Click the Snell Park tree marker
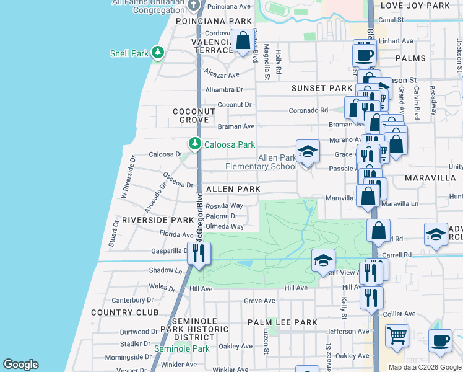(158, 52)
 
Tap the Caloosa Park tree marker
(195, 144)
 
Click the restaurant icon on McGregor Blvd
(199, 254)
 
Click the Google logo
(20, 365)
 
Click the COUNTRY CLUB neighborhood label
(124, 312)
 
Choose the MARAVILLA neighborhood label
(430, 178)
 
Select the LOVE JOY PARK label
(424, 6)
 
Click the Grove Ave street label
(259, 301)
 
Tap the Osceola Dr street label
(179, 179)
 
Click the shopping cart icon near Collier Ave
(397, 335)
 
